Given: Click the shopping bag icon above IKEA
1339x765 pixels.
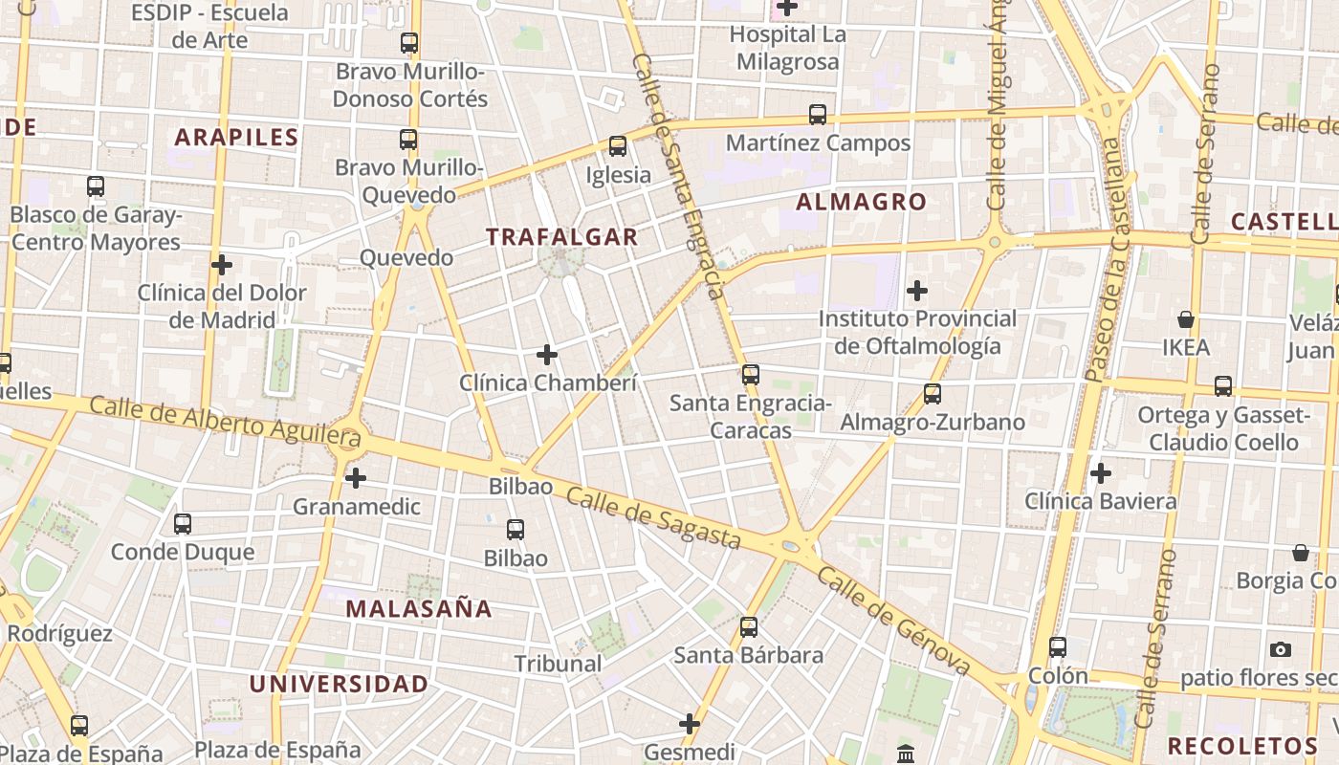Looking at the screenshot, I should point(1186,319).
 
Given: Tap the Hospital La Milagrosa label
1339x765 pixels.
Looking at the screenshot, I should point(787,48).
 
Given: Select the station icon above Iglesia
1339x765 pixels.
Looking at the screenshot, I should point(618,146).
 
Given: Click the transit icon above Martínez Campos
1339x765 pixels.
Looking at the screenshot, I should point(818,115).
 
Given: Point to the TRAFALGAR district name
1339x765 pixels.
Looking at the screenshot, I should point(561,237).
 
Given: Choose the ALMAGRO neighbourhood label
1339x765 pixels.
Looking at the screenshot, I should point(861,202).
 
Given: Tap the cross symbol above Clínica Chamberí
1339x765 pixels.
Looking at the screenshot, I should point(547,356).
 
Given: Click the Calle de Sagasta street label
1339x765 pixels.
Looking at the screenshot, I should point(653,518).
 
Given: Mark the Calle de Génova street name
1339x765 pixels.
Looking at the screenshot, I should point(894,623).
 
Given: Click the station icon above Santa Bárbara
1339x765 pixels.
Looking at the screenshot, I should point(749,627).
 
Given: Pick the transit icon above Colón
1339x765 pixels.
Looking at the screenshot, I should point(1058,647).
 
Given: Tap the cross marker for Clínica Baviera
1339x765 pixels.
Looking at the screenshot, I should point(1101,473).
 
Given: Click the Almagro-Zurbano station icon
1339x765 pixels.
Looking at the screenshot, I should point(933,394).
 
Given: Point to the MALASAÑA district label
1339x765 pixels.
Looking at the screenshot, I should point(419,609).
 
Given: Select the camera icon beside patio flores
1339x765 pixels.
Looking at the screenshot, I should point(1281,650).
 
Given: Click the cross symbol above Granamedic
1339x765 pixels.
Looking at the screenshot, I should point(356,478).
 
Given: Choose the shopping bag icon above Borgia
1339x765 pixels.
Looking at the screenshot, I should point(1301,553).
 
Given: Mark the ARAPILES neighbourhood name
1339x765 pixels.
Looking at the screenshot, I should point(236,137).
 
